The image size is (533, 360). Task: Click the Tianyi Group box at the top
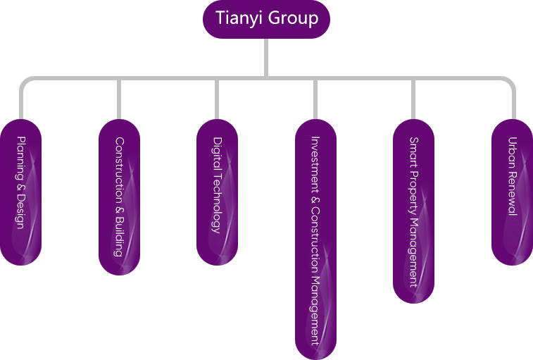(x=266, y=18)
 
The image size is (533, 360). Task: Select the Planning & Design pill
(x=20, y=192)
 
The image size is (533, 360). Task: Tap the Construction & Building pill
(x=119, y=197)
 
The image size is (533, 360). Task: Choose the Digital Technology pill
(x=217, y=192)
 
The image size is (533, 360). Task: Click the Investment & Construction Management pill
(x=315, y=239)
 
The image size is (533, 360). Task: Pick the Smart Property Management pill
(x=413, y=211)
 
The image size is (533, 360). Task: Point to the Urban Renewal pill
(x=512, y=192)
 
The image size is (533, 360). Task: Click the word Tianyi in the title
(x=237, y=18)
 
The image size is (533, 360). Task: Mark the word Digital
(x=217, y=151)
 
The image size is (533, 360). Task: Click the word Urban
(x=512, y=151)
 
